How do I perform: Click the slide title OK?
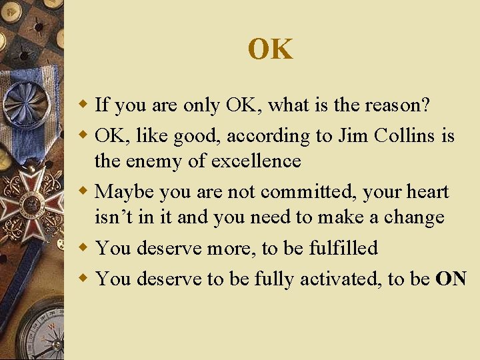pyautogui.click(x=270, y=49)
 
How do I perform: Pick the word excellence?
pyautogui.click(x=256, y=161)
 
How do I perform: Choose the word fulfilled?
pyautogui.click(x=343, y=248)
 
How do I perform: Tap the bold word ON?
pyautogui.click(x=451, y=279)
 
